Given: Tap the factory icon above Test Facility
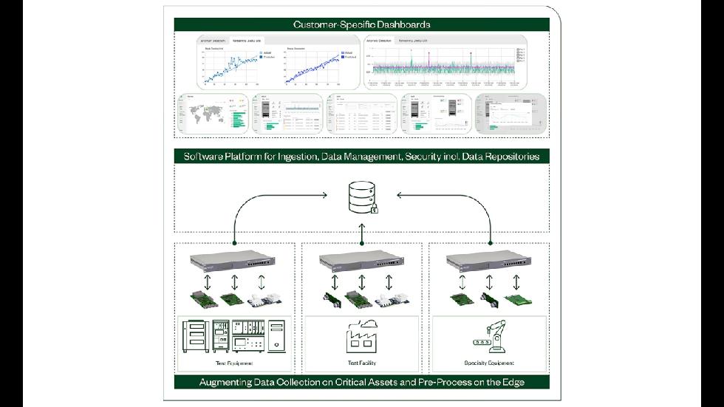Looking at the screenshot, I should pos(362,338).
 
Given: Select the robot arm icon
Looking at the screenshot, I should pos(490,338).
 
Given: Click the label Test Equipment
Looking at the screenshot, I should pos(233,363).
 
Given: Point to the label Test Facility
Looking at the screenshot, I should pos(362,363).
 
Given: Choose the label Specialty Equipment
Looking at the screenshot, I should pos(490,363).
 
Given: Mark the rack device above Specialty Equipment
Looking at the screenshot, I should pos(490,261).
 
